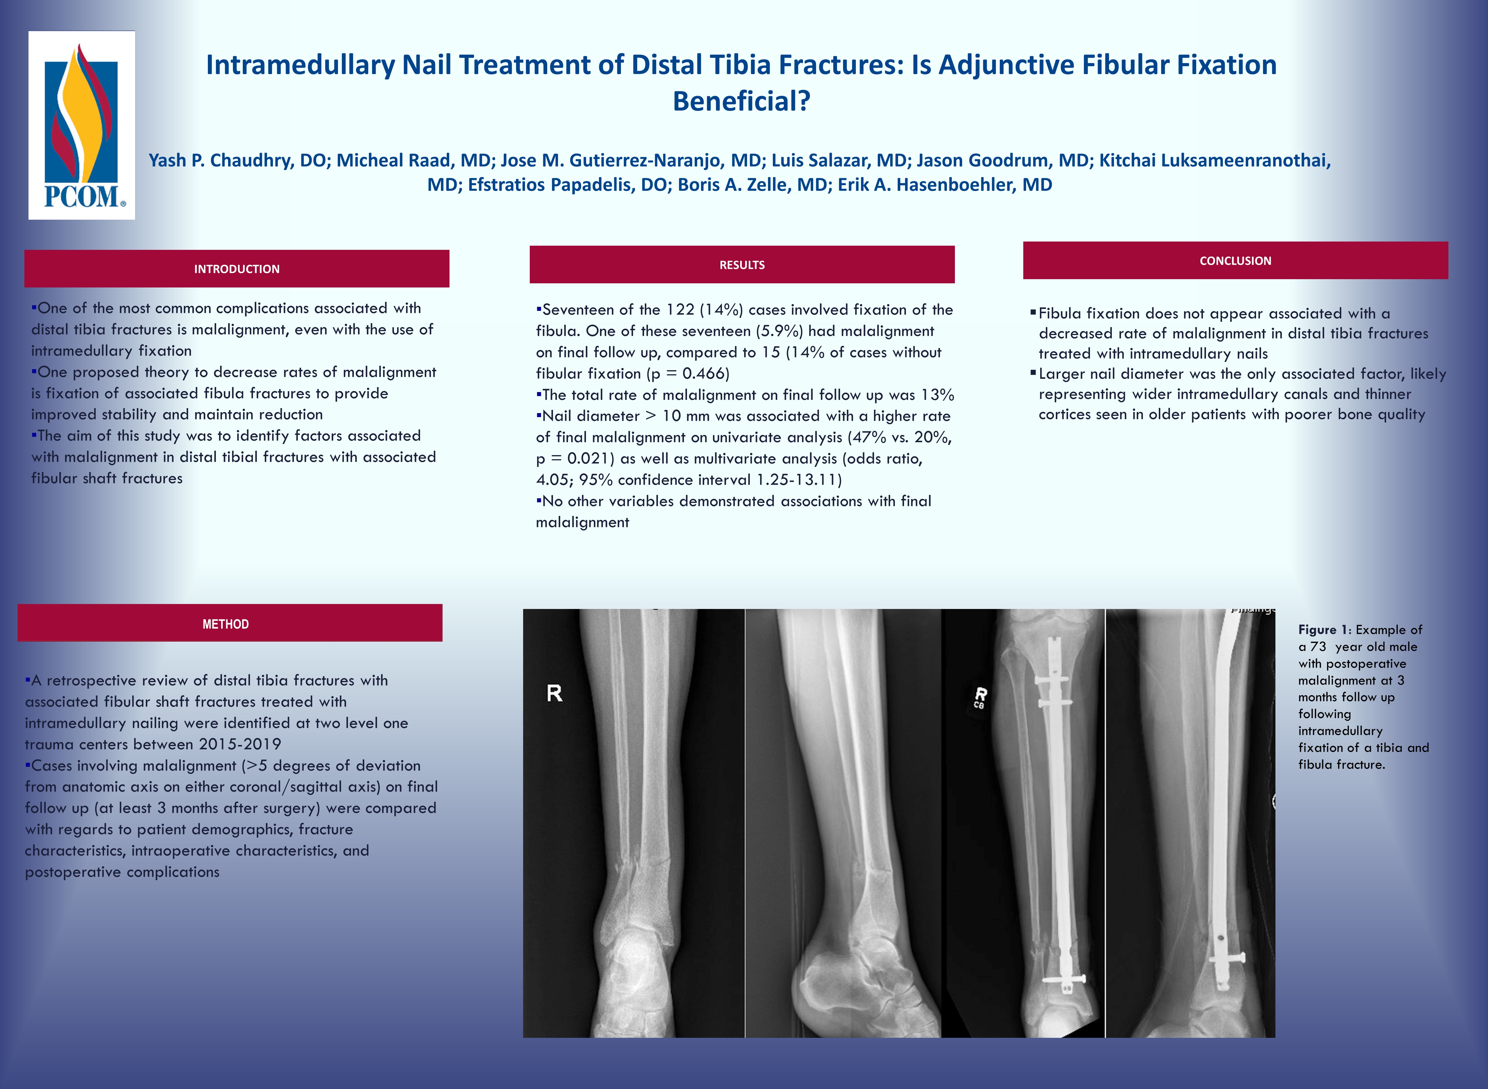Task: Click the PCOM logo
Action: coord(82,125)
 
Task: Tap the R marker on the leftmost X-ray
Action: coord(554,693)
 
